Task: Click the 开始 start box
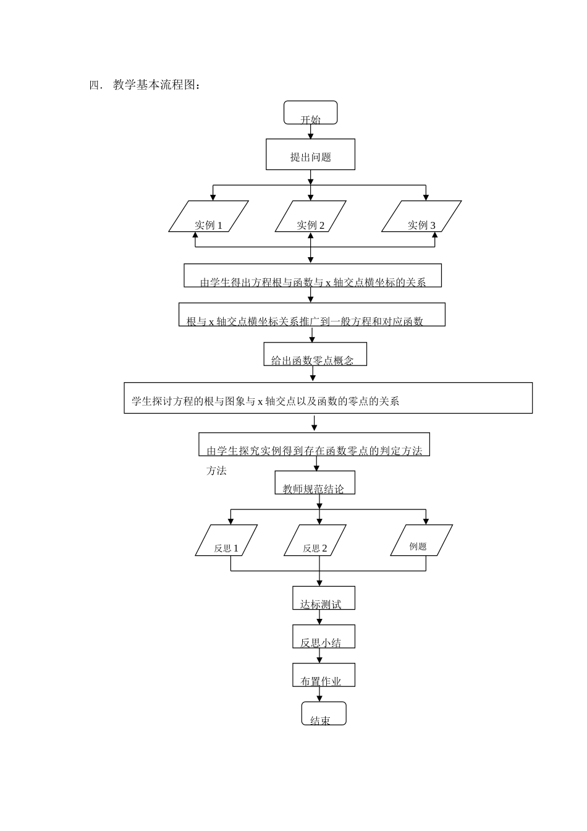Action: click(x=310, y=113)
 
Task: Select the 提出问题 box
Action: click(x=310, y=155)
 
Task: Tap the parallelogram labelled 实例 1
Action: click(x=208, y=217)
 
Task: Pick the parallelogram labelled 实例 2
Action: click(x=310, y=217)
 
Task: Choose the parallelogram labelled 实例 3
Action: click(x=421, y=217)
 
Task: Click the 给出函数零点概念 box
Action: click(x=315, y=354)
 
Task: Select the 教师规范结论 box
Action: click(x=315, y=483)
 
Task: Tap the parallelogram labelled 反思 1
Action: click(x=226, y=541)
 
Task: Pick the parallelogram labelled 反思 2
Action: click(x=315, y=541)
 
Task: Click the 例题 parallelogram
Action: click(x=421, y=541)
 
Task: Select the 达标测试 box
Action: click(x=323, y=598)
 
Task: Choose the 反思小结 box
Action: click(x=323, y=636)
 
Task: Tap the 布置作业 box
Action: click(x=323, y=675)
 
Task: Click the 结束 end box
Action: click(x=323, y=714)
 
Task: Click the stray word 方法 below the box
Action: click(x=216, y=471)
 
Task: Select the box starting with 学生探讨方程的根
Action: click(x=328, y=398)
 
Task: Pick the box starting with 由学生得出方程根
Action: click(x=313, y=276)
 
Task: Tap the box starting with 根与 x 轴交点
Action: click(x=312, y=315)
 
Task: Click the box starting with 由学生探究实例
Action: click(x=314, y=445)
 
